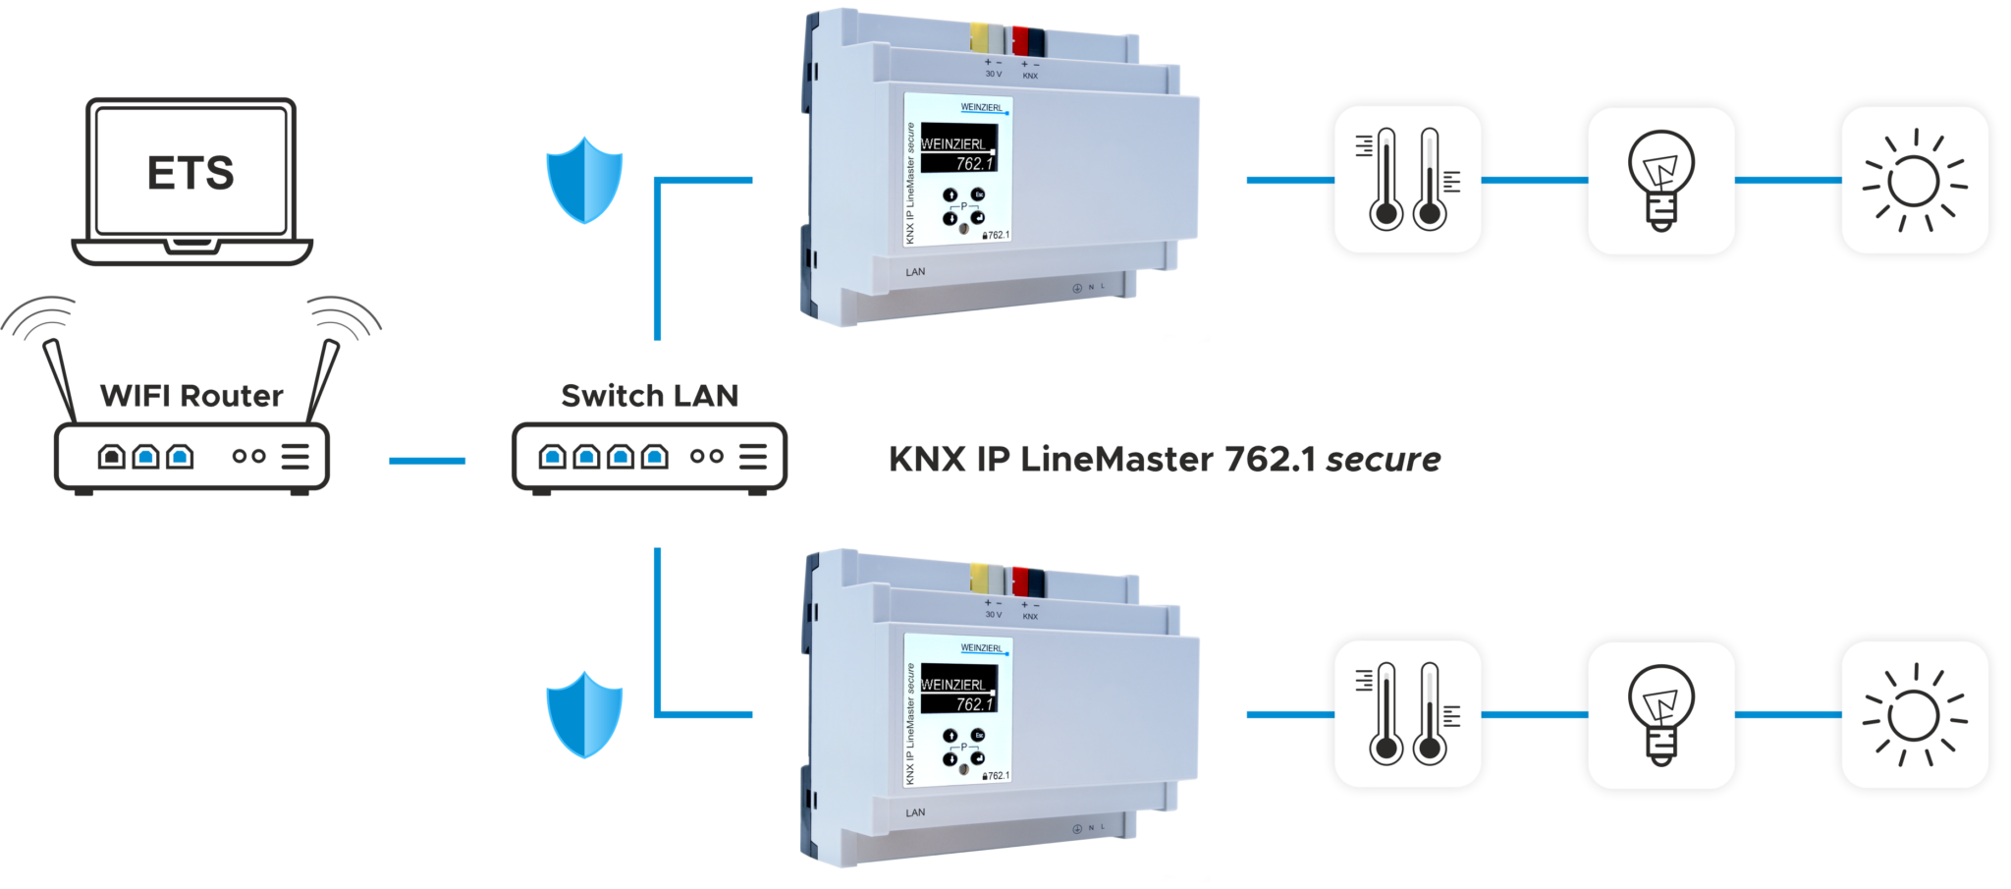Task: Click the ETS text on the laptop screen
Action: coord(190,173)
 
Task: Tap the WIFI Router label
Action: coord(191,395)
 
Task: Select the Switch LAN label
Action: coord(649,395)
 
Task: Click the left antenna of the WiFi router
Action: coord(60,378)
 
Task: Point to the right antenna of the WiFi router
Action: coord(323,378)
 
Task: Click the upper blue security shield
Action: coord(584,180)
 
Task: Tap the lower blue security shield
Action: coord(584,714)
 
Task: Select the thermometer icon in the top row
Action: coord(1406,180)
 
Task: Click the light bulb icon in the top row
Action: coord(1660,181)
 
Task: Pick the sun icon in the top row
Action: coord(1914,181)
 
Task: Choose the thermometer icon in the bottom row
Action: coord(1406,714)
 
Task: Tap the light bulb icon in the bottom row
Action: coord(1660,715)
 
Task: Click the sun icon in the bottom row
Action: coord(1914,715)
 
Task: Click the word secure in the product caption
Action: coord(1383,459)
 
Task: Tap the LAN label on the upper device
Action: coord(915,272)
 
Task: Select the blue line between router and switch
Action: coord(427,460)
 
